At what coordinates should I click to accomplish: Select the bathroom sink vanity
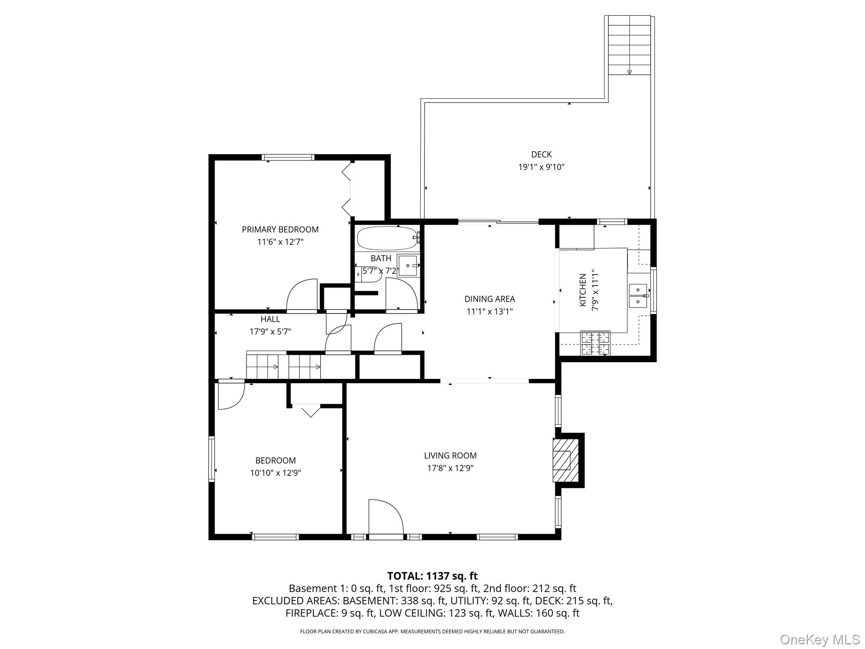click(408, 265)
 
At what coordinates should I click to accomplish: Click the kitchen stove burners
click(595, 343)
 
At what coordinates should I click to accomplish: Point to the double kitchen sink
click(638, 296)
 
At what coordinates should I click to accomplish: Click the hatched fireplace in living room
click(565, 460)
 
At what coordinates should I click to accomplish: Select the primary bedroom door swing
click(302, 296)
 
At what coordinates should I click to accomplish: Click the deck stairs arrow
click(629, 72)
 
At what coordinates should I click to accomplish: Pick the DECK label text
click(541, 155)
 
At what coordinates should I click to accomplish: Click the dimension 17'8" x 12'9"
click(450, 468)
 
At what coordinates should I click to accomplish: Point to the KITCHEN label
click(583, 290)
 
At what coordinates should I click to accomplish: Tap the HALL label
click(270, 319)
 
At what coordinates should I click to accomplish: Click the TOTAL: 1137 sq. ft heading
click(432, 576)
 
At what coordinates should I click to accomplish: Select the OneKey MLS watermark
click(819, 639)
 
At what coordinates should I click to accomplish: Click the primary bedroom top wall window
click(288, 158)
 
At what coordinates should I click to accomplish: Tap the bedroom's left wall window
click(212, 459)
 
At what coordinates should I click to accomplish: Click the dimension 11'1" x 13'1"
click(490, 311)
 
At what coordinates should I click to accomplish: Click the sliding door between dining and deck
click(498, 221)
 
